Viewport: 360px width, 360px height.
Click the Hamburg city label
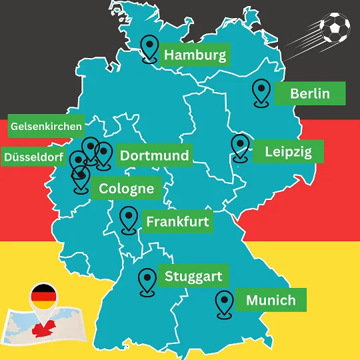click(195, 55)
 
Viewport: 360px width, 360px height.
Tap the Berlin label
click(309, 93)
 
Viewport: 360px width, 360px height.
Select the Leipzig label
click(288, 151)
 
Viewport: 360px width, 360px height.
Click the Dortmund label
click(154, 156)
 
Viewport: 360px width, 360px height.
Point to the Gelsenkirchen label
click(47, 125)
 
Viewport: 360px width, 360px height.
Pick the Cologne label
click(126, 189)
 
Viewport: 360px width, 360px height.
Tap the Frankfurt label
click(177, 221)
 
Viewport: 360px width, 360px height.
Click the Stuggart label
click(193, 276)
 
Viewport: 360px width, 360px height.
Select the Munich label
click(271, 300)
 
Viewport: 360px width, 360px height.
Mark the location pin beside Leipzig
click(239, 147)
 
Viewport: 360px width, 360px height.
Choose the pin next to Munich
click(225, 303)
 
